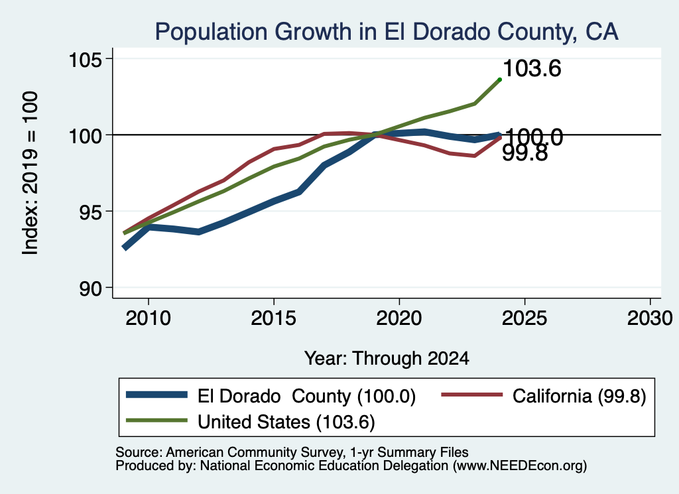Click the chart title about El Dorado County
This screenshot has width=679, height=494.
(x=387, y=32)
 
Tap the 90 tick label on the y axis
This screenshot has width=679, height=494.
(x=90, y=288)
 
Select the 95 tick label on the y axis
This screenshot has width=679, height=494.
(x=90, y=212)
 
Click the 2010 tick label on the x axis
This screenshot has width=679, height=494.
(x=148, y=319)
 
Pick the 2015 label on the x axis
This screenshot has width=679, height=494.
(x=273, y=319)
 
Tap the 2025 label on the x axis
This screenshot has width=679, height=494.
(x=525, y=319)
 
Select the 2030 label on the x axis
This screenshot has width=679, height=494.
(x=650, y=319)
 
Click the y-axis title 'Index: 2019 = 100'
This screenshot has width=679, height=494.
(x=30, y=173)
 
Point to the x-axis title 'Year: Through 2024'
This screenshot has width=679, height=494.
(x=387, y=359)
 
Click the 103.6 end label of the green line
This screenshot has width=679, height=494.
(x=532, y=68)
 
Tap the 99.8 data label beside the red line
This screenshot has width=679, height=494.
(x=525, y=153)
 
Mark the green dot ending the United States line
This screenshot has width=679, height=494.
(x=500, y=80)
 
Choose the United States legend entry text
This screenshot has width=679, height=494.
(x=286, y=422)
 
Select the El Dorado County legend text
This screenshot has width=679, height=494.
(x=306, y=396)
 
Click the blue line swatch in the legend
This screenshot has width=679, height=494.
(x=156, y=395)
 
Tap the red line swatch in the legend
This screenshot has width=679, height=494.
(x=472, y=395)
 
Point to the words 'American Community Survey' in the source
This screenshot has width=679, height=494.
(x=254, y=452)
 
